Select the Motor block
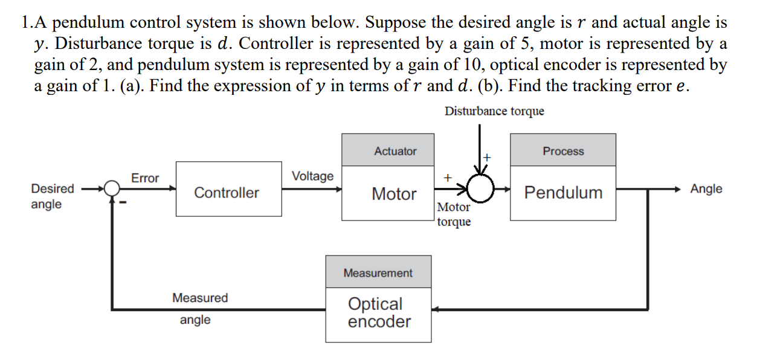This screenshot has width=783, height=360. [x=394, y=193]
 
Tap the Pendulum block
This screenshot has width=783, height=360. [x=563, y=193]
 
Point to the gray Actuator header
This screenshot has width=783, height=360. [x=395, y=150]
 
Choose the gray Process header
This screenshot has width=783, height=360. [x=563, y=150]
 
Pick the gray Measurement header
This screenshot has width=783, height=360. [x=378, y=272]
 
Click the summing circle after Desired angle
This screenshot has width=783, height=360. [x=112, y=188]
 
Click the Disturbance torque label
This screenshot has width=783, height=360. [x=494, y=111]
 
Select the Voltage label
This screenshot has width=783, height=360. [x=312, y=176]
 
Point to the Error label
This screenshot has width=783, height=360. [x=145, y=178]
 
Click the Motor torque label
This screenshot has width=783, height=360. [x=453, y=214]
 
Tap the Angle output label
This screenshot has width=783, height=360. [x=706, y=188]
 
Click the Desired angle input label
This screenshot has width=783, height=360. [x=53, y=196]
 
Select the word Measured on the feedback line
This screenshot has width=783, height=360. [x=200, y=298]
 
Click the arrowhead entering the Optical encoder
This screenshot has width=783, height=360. [x=436, y=310]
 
